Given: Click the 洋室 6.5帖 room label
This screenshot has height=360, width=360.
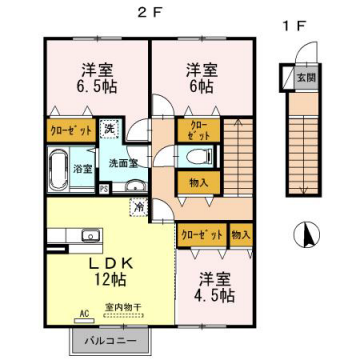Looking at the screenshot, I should pos(96,78).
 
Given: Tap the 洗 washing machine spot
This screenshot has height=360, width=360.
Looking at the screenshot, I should pos(109,129).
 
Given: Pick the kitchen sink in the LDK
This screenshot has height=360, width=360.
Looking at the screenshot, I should pos(90,237).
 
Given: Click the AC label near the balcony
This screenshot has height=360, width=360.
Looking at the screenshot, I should pos(82,313).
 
